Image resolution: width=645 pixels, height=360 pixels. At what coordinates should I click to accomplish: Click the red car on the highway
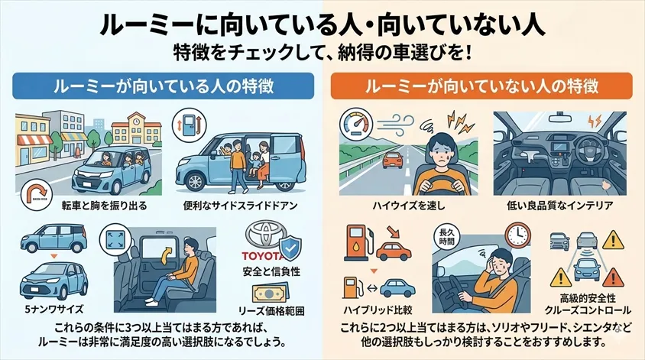point(394,160)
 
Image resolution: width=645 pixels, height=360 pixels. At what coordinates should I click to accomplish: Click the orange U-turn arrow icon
point(33,187)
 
